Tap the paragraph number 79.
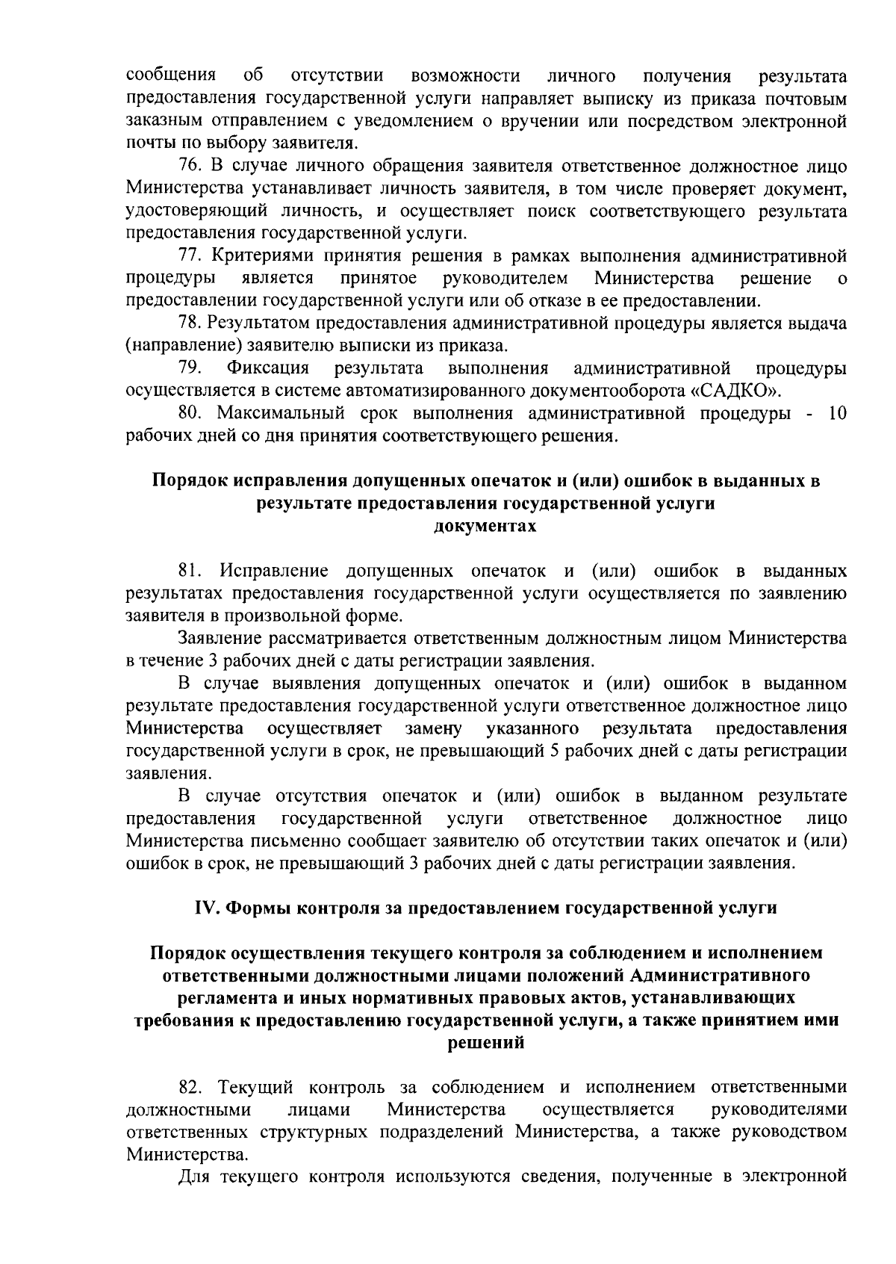pyautogui.click(x=190, y=368)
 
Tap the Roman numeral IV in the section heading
pyautogui.click(x=205, y=908)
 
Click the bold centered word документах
pyautogui.click(x=485, y=526)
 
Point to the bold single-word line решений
pyautogui.click(x=485, y=1043)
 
